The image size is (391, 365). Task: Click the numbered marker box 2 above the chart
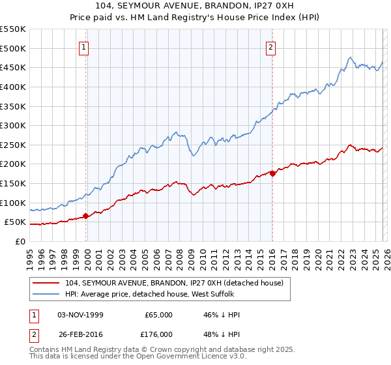270,46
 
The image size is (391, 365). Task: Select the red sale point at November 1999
85,216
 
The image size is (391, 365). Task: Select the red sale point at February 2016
272,173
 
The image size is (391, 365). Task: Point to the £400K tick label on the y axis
13,87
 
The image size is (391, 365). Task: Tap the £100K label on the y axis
13,203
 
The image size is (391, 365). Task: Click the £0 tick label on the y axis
20,242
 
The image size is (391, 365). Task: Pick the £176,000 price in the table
158,334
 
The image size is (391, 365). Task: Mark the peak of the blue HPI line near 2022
350,57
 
